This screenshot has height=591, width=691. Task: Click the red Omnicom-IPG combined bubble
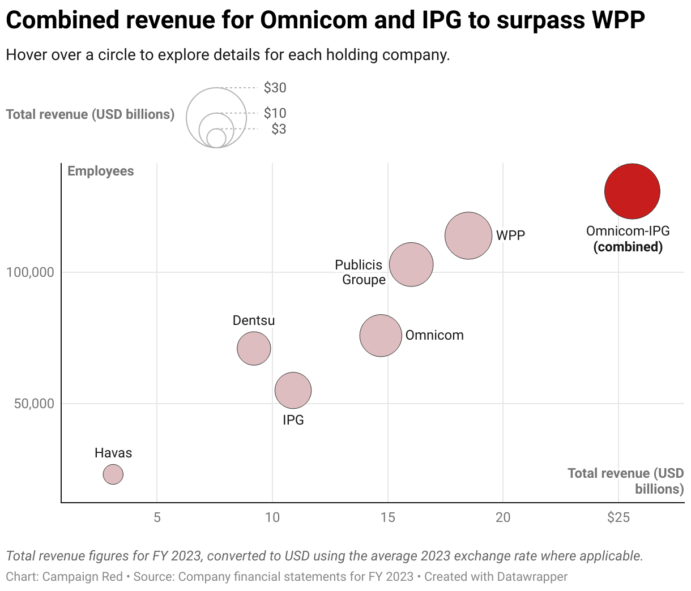click(x=632, y=191)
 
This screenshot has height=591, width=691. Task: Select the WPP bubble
click(x=468, y=235)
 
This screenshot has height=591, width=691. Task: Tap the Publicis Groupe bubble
click(x=411, y=264)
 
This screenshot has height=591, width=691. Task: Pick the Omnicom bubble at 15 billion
click(x=381, y=336)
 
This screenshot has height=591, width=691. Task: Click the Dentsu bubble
click(x=254, y=348)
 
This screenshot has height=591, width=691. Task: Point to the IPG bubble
click(x=293, y=390)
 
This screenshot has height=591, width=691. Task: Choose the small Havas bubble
click(x=113, y=474)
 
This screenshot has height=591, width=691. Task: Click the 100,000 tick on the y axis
click(x=30, y=272)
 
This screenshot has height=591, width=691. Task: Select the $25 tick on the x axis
click(x=618, y=517)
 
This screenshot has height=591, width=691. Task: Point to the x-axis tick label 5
click(x=157, y=517)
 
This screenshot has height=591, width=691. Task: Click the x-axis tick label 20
click(x=503, y=517)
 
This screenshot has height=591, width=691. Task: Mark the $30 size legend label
click(x=275, y=88)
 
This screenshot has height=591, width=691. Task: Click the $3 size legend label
click(x=279, y=129)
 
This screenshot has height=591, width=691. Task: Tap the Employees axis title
click(x=101, y=172)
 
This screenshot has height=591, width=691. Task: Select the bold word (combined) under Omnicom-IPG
click(x=628, y=247)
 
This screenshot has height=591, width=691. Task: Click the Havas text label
click(x=113, y=453)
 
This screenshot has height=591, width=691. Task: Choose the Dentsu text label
click(x=254, y=320)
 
